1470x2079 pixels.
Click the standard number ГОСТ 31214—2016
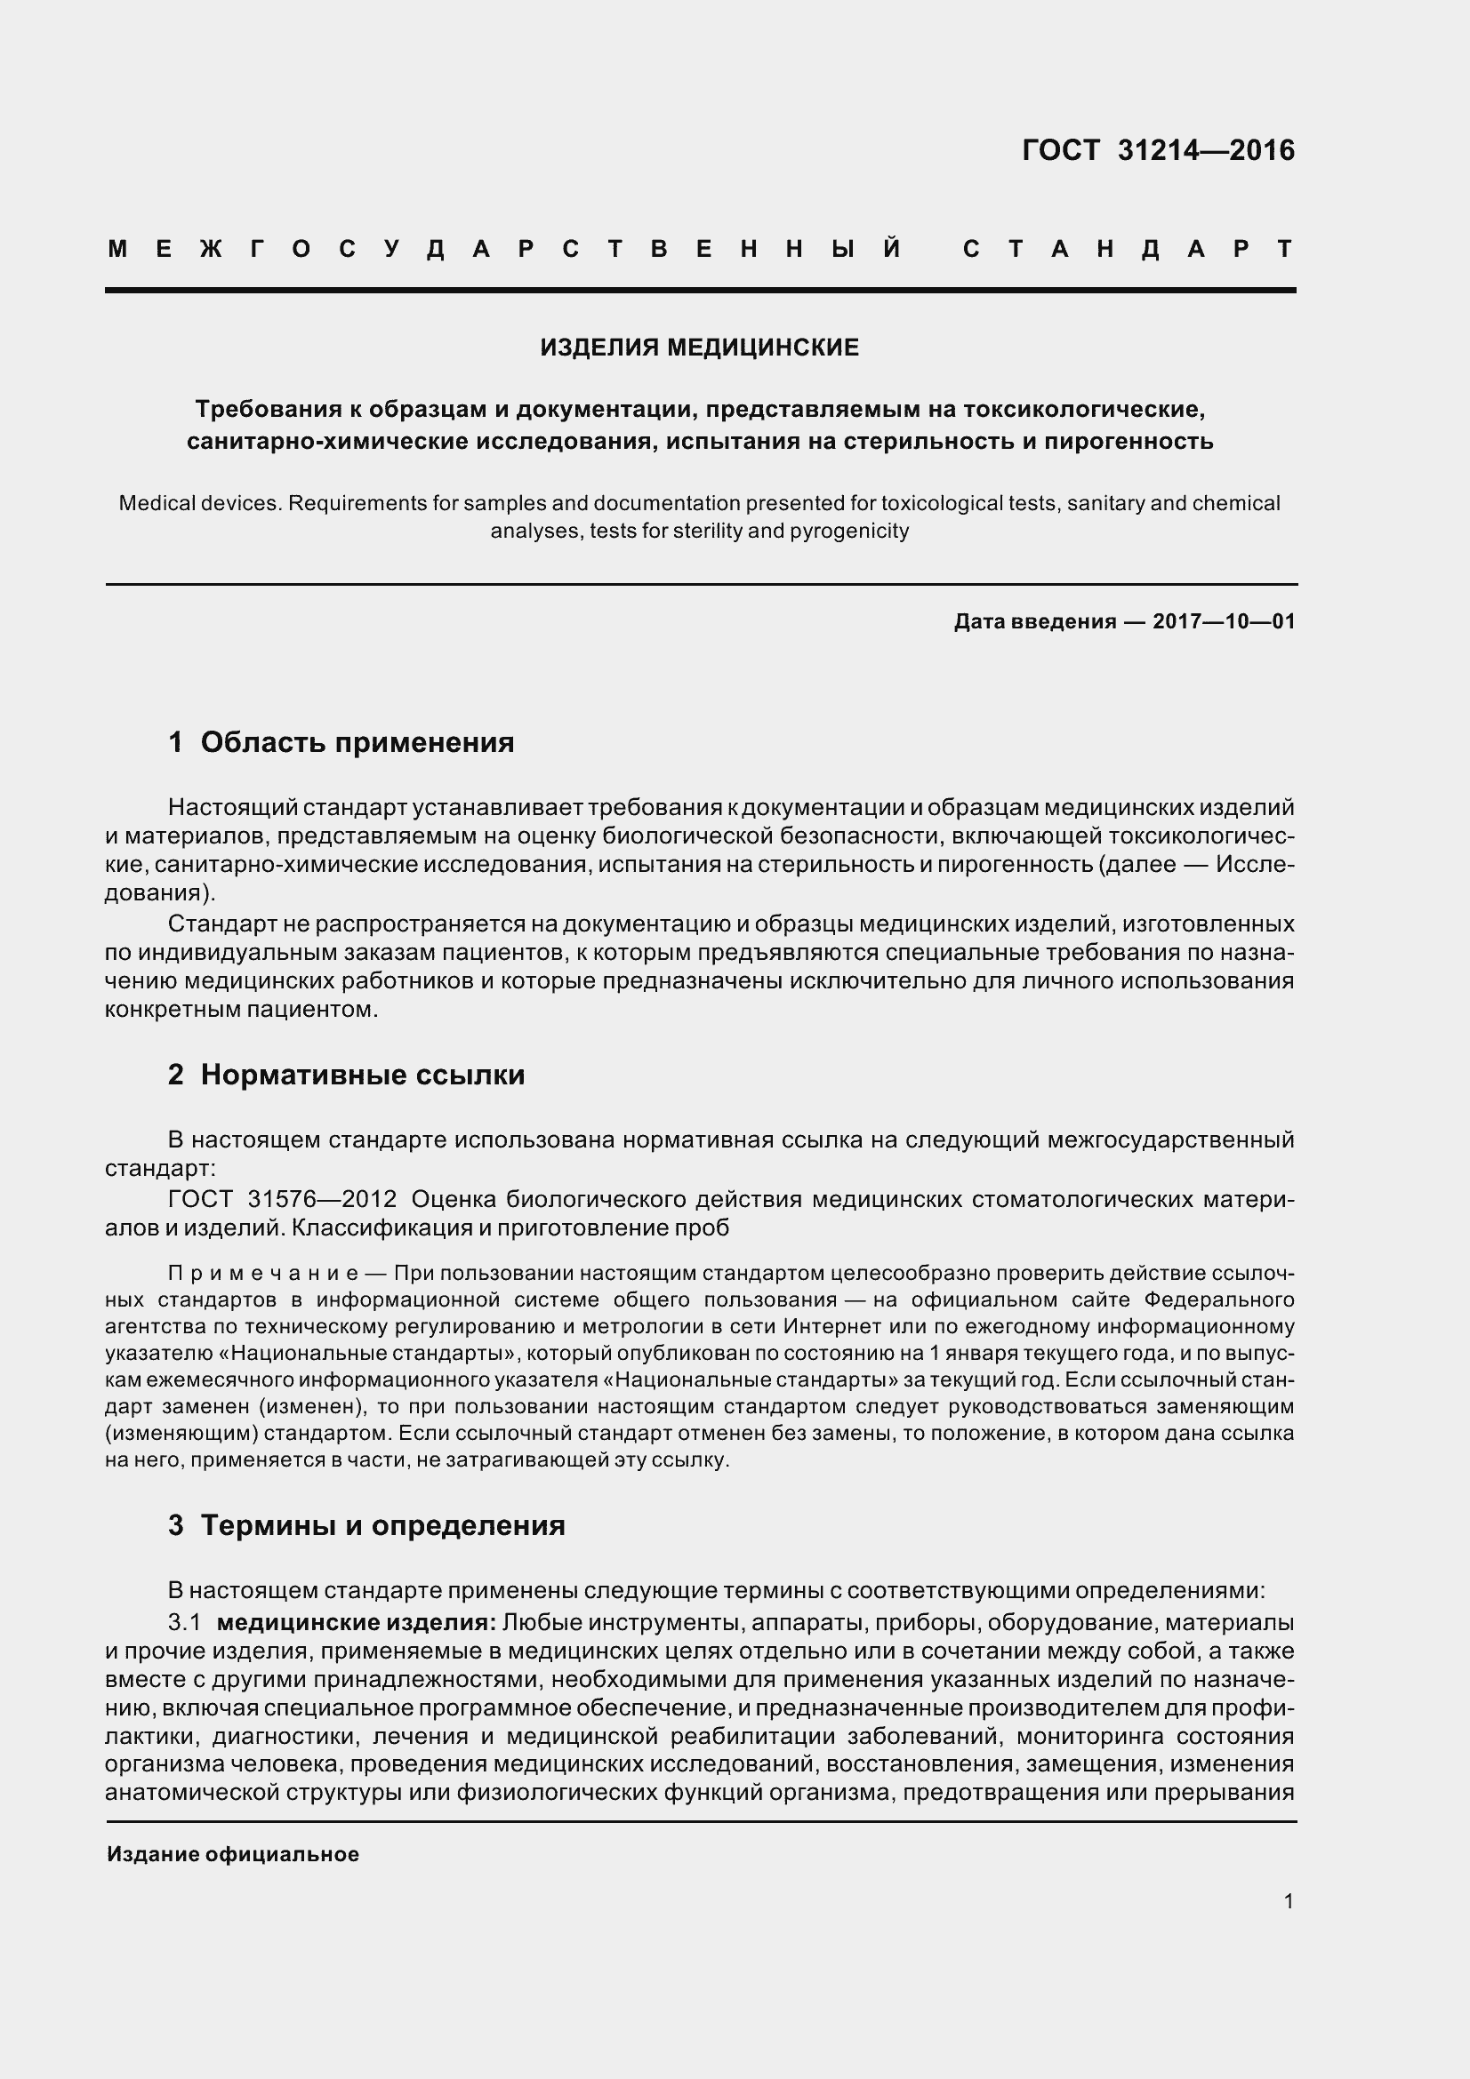click(1158, 150)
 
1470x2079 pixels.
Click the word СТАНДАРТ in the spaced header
click(1128, 249)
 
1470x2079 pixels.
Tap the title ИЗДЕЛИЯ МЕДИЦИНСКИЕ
click(699, 348)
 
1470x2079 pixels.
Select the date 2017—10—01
click(1224, 621)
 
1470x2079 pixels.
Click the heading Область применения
click(357, 742)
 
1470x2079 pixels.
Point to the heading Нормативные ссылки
click(362, 1075)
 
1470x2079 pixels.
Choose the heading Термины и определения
click(382, 1525)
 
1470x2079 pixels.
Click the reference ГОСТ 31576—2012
click(283, 1199)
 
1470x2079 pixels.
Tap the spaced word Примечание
click(264, 1273)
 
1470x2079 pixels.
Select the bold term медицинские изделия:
click(356, 1622)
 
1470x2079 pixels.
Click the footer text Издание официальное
click(233, 1854)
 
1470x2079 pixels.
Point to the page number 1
click(1288, 1901)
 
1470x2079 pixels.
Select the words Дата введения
click(1034, 621)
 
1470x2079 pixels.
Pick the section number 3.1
click(185, 1622)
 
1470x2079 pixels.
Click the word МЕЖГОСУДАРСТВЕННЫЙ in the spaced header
click(504, 249)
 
